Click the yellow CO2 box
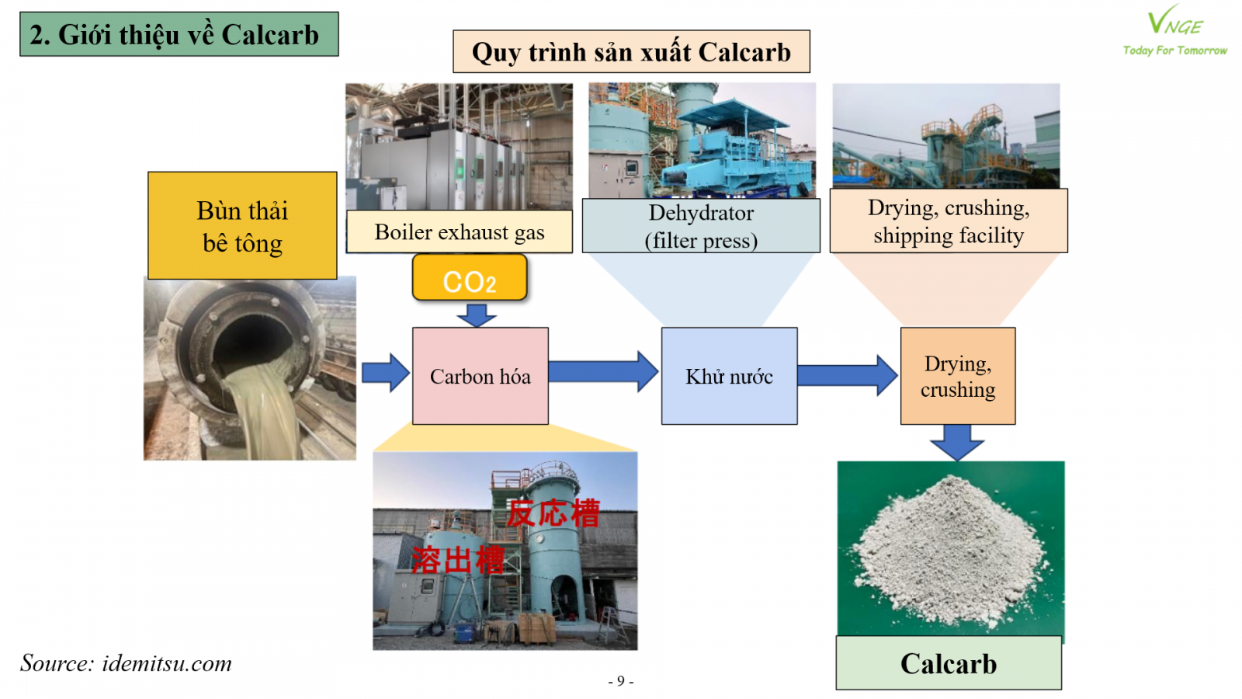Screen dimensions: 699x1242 coord(470,279)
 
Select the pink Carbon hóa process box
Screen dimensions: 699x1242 coord(480,376)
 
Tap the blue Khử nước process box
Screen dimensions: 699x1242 coord(729,376)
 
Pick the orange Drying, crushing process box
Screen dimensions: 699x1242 coord(958,376)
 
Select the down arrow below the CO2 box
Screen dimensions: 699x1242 coord(477,315)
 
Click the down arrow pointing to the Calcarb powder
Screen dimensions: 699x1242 coord(957,441)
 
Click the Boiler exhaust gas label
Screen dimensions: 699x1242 coord(460,231)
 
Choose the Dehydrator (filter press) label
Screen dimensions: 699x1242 coord(701,226)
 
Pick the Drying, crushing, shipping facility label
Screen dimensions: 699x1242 coord(949,221)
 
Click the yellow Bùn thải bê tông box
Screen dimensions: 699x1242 coord(242,226)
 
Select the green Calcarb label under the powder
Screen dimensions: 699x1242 coord(949,663)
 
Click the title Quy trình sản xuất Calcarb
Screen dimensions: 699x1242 coord(631,52)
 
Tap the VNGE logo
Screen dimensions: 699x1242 coord(1174,32)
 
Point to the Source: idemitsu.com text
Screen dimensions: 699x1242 coord(126,663)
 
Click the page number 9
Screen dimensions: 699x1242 coord(620,681)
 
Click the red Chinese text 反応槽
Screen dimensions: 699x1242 coord(553,513)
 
